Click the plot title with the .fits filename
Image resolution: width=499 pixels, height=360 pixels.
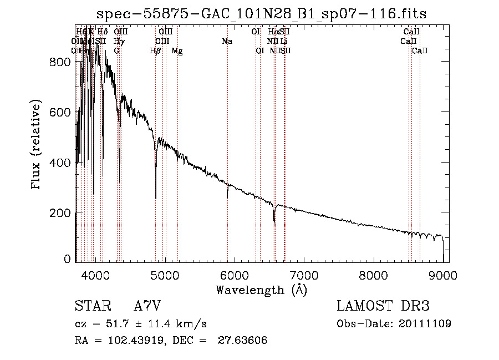pyautogui.click(x=261, y=13)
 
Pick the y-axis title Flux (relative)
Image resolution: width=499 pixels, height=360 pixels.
pyautogui.click(x=37, y=145)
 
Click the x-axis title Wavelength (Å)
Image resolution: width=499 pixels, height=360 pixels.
pyautogui.click(x=261, y=290)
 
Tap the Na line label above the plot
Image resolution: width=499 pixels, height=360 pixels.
pyautogui.click(x=227, y=42)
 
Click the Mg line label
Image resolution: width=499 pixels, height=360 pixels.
pyautogui.click(x=177, y=51)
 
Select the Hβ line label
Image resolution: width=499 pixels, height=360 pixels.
pyautogui.click(x=155, y=51)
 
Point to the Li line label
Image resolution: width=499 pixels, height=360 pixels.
pyautogui.click(x=283, y=42)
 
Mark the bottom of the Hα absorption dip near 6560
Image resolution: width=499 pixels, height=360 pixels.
pyautogui.click(x=274, y=221)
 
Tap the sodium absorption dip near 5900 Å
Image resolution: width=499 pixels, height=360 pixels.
pyautogui.click(x=227, y=196)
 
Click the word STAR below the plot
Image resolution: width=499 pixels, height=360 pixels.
pyautogui.click(x=92, y=306)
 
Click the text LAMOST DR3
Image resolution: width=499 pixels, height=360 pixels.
pyautogui.click(x=383, y=306)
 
